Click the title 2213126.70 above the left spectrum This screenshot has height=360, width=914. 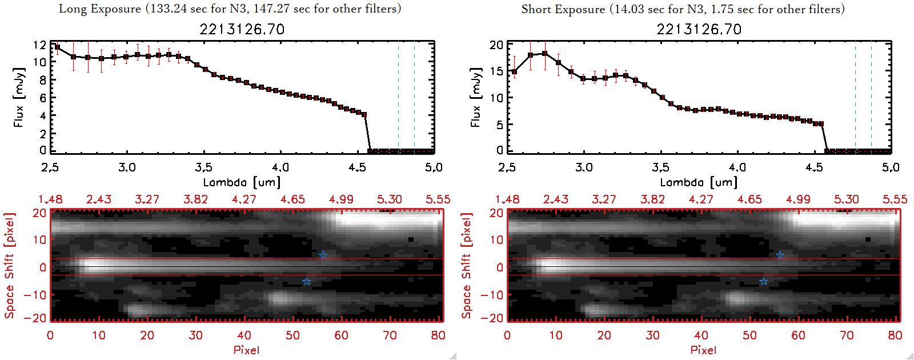point(242,29)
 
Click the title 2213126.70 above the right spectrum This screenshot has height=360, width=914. point(699,29)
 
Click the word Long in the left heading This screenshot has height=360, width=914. point(72,9)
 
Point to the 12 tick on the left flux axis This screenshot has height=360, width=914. point(40,45)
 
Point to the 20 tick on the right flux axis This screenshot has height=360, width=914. point(496,45)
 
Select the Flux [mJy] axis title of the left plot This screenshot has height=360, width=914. point(19,97)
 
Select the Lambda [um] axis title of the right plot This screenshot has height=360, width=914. point(699,182)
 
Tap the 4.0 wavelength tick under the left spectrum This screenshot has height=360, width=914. point(280,167)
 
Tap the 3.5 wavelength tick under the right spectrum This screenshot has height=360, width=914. point(660,167)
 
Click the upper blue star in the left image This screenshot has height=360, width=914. point(323,255)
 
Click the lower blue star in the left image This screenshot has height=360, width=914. point(307,281)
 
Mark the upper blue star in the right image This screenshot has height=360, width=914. point(780,255)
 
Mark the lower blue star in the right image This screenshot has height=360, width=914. point(764,281)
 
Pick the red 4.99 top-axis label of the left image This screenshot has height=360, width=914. point(341,199)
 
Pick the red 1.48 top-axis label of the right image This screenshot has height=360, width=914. point(507,199)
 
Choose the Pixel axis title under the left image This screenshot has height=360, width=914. point(246,350)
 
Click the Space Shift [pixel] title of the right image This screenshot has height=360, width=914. point(467,266)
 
